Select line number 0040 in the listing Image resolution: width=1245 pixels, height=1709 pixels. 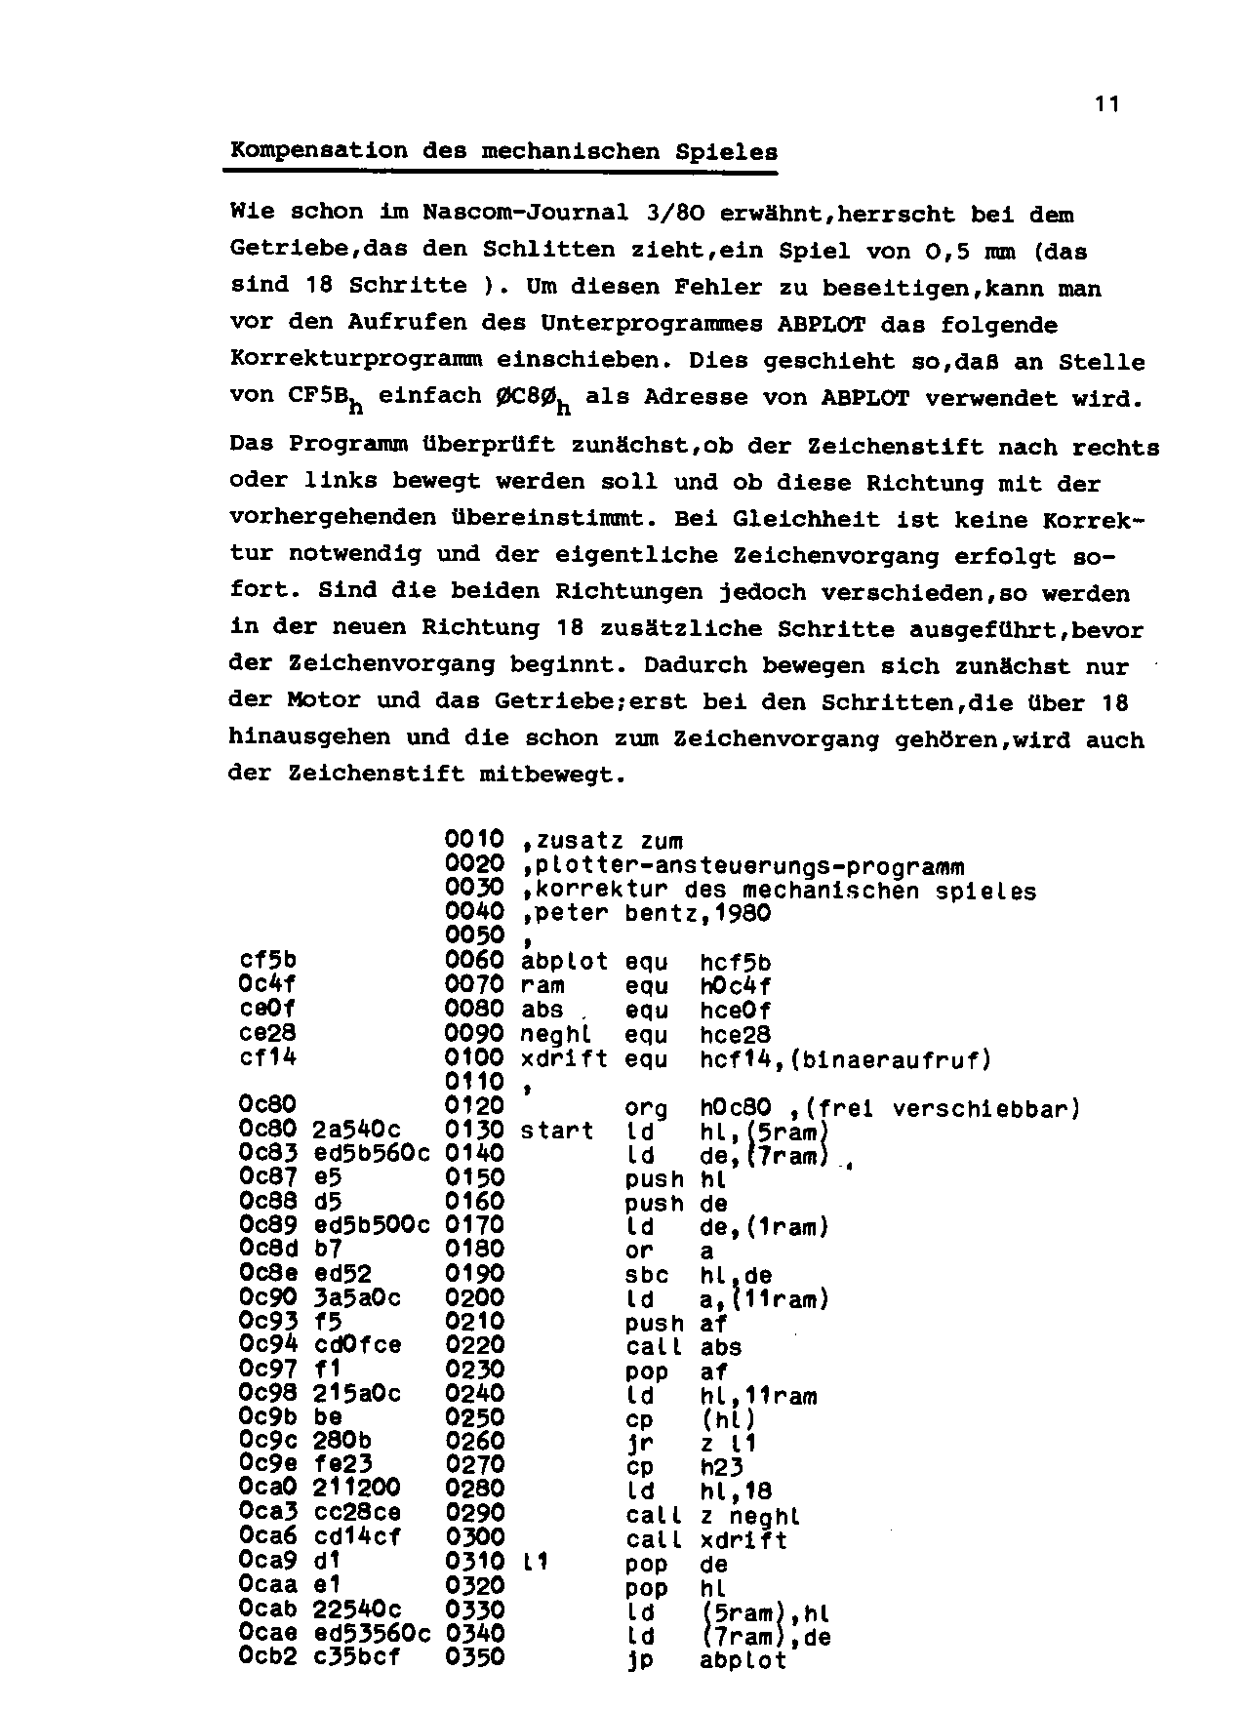tap(474, 912)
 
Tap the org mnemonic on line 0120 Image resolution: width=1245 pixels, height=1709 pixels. tap(645, 1108)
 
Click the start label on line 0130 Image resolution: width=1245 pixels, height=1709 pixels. tap(556, 1132)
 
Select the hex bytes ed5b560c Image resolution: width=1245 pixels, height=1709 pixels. tap(372, 1154)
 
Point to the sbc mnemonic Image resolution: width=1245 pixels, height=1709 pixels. tap(646, 1275)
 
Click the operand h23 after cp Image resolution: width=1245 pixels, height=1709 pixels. tap(721, 1466)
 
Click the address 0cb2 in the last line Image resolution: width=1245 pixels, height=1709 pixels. tap(267, 1657)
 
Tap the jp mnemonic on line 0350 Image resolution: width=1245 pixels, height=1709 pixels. tap(638, 1659)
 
